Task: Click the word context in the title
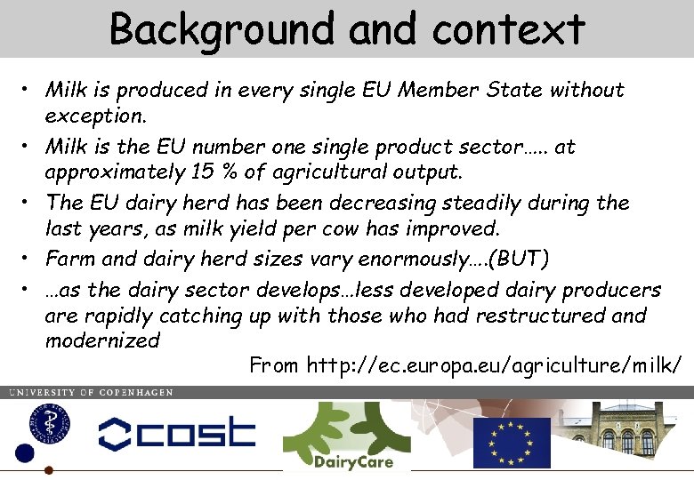click(508, 29)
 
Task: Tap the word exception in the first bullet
click(93, 116)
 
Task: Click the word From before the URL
click(274, 365)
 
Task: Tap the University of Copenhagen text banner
click(91, 392)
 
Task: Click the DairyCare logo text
click(353, 461)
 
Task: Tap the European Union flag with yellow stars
click(511, 442)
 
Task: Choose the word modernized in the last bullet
click(102, 340)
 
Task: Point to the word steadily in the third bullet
click(501, 203)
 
